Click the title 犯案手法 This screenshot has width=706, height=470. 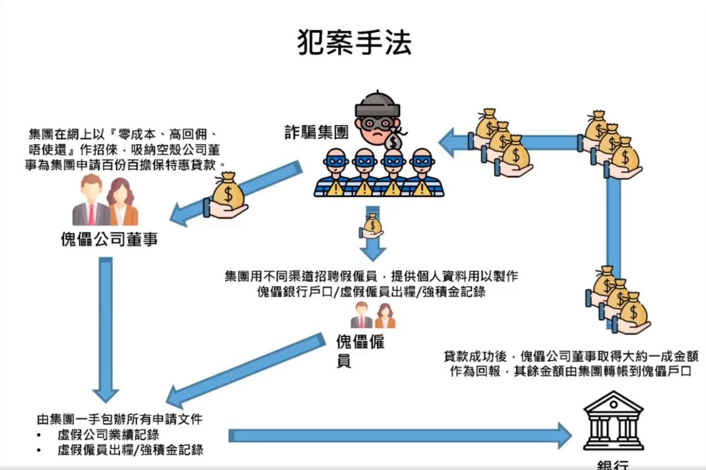(354, 42)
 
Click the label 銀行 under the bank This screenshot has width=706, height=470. (612, 465)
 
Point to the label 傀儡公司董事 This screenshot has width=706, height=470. (108, 239)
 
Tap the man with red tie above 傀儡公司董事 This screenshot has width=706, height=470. (90, 201)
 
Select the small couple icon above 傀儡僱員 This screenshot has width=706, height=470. (372, 315)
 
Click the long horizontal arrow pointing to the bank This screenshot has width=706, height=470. (399, 435)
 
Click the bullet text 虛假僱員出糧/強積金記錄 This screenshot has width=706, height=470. (130, 450)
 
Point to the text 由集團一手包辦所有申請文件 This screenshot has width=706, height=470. (120, 420)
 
